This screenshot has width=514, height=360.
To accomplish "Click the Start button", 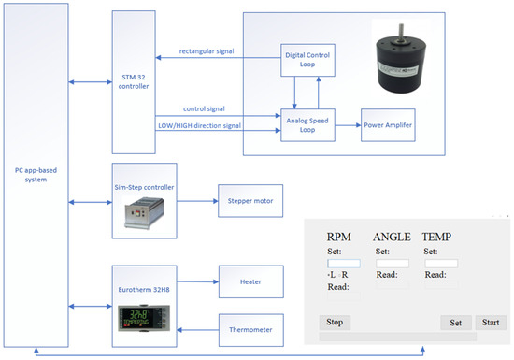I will click(x=488, y=323).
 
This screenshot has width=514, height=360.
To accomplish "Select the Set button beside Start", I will click(x=454, y=323).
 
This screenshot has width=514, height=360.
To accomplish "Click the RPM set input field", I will click(x=343, y=264).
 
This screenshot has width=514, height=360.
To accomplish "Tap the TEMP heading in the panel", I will click(x=442, y=238).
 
